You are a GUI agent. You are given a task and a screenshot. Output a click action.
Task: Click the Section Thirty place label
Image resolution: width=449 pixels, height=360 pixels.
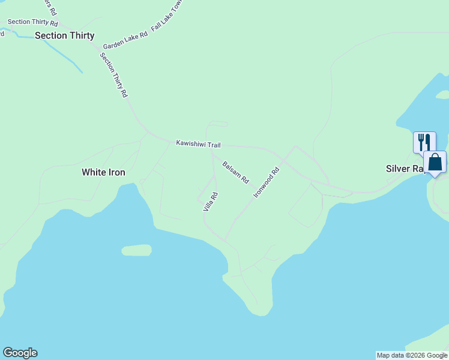pyautogui.click(x=64, y=35)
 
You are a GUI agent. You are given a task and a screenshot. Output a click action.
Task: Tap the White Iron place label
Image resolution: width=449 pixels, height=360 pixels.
pyautogui.click(x=103, y=172)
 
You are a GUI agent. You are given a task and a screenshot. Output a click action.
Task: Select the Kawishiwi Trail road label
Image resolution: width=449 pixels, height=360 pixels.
pyautogui.click(x=199, y=144)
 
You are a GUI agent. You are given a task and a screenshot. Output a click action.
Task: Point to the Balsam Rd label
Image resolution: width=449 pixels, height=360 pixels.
pyautogui.click(x=236, y=172)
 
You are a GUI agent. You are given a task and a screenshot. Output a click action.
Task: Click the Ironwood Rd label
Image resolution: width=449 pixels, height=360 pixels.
pyautogui.click(x=267, y=182)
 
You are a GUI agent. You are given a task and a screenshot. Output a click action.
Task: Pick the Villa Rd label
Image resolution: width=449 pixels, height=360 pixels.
pyautogui.click(x=210, y=202)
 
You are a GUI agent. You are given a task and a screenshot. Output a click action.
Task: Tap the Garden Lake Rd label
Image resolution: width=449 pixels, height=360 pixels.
pyautogui.click(x=125, y=41)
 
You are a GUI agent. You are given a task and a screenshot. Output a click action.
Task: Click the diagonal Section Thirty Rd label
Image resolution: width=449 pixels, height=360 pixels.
pyautogui.click(x=113, y=75)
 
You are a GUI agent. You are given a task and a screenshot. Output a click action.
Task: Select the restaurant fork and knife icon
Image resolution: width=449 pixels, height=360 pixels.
pyautogui.click(x=424, y=142)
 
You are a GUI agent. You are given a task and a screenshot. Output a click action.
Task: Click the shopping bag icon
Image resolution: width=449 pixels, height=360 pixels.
pyautogui.click(x=435, y=162)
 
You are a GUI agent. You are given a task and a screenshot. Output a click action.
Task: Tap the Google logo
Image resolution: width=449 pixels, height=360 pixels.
pyautogui.click(x=20, y=353)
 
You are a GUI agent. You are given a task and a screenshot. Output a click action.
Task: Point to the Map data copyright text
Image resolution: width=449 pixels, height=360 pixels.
pyautogui.click(x=412, y=355)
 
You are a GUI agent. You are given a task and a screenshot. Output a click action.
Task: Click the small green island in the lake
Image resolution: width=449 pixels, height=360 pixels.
pyautogui.click(x=136, y=250)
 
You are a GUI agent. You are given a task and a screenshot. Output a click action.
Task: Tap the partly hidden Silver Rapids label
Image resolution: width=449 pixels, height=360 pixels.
pyautogui.click(x=405, y=169)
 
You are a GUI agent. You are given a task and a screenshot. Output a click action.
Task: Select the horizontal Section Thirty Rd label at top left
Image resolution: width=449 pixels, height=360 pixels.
pyautogui.click(x=32, y=22)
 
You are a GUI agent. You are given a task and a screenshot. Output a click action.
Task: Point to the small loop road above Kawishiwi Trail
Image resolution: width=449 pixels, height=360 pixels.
pyautogui.click(x=217, y=125)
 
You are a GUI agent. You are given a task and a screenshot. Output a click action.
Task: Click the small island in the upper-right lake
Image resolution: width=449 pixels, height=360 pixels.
pyautogui.click(x=442, y=94)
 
